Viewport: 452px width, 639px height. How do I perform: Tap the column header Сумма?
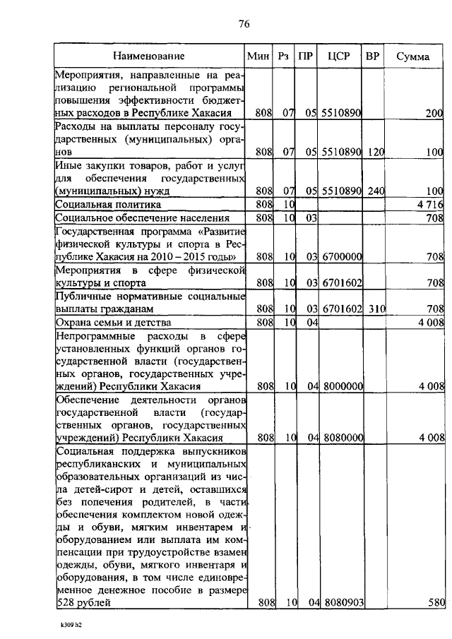[413, 56]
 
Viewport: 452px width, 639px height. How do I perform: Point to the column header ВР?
[372, 56]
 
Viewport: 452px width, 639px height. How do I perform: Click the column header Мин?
[258, 56]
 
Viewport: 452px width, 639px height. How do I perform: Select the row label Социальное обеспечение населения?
[133, 218]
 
